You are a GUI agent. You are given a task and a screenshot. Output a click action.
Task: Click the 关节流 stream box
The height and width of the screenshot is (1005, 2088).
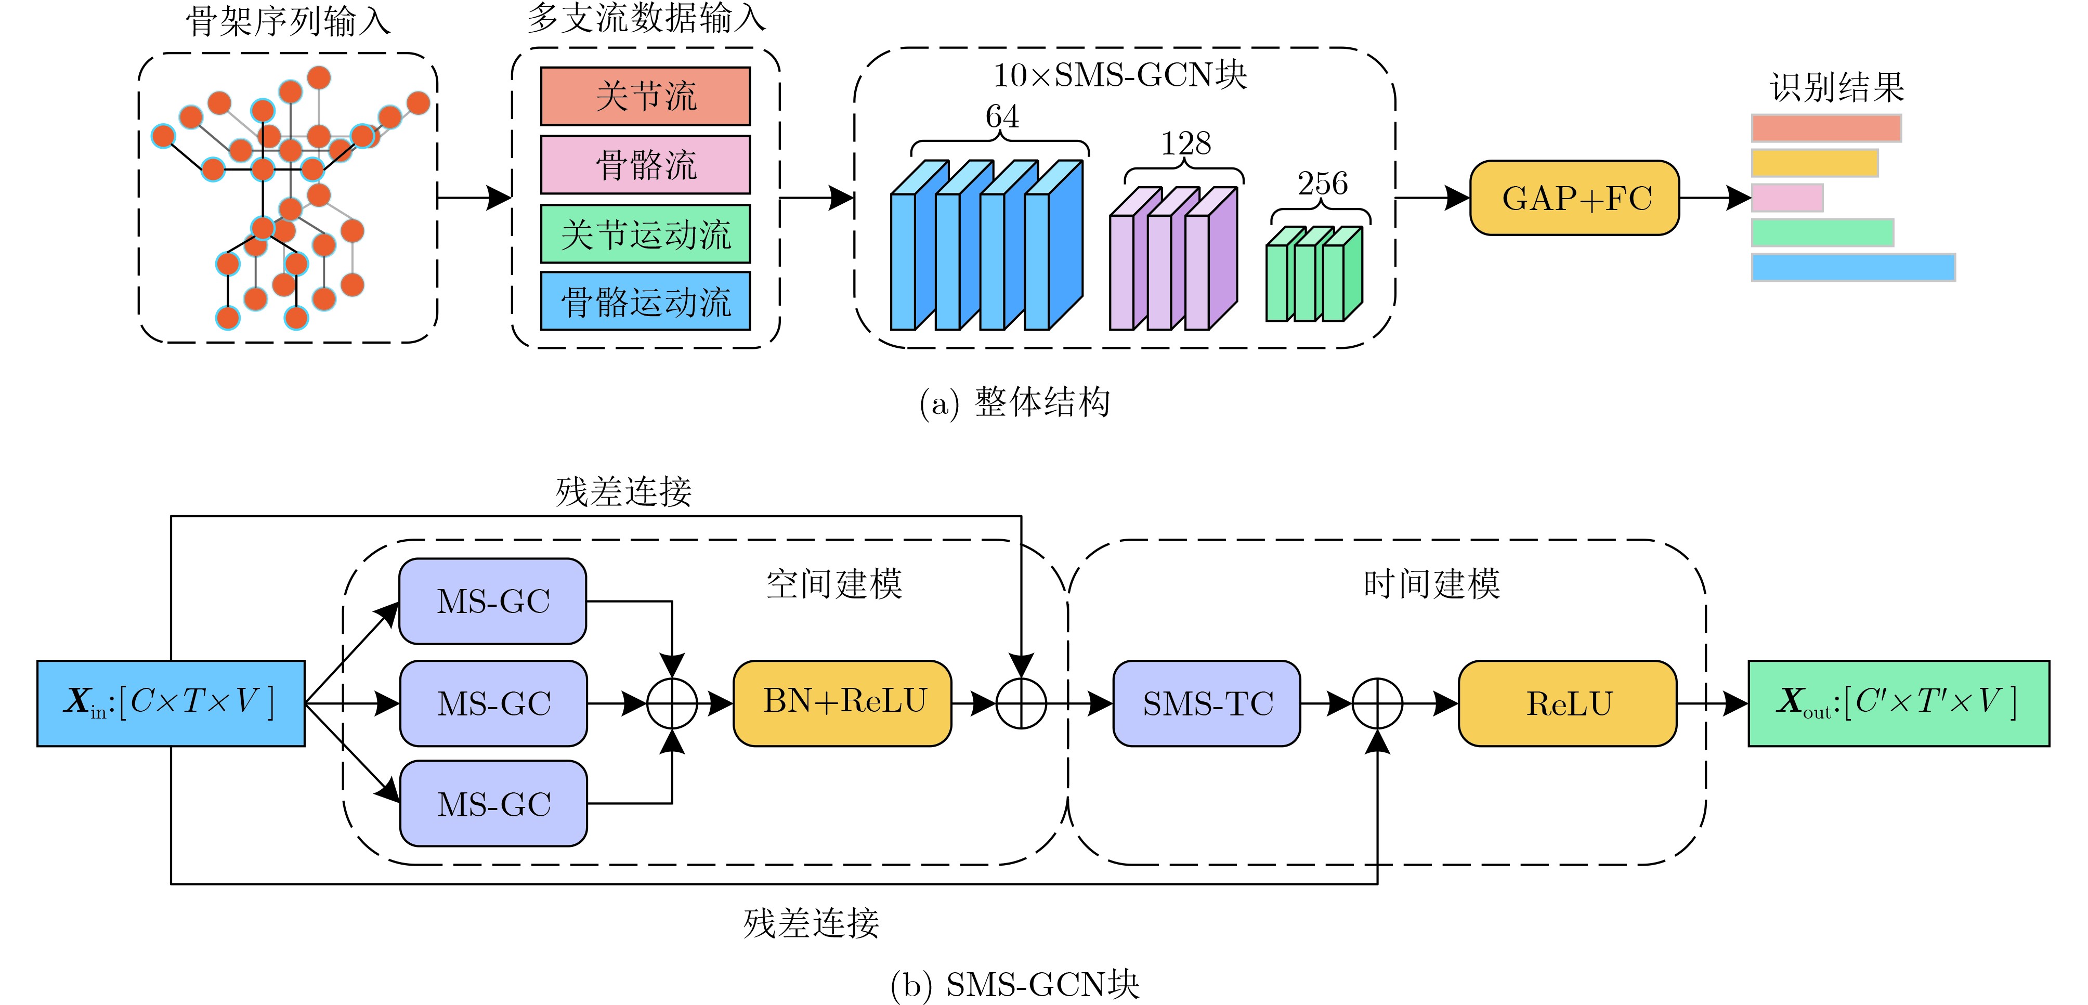[645, 97]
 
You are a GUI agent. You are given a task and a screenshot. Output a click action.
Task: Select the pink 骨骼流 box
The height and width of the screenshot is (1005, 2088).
[645, 164]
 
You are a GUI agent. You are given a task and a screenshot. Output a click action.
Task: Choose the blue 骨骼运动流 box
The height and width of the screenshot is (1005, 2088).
[645, 302]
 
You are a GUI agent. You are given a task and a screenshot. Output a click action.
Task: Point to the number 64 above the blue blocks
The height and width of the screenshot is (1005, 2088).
[1002, 116]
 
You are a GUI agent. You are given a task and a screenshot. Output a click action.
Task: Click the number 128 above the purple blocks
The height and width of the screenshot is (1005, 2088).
[1185, 144]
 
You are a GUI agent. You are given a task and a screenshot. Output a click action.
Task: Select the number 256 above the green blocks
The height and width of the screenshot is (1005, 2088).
[1322, 184]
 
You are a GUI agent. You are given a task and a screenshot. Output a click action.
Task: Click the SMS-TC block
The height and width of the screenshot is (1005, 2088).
[1207, 703]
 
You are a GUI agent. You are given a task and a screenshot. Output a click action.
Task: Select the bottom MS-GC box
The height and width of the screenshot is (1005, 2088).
[493, 803]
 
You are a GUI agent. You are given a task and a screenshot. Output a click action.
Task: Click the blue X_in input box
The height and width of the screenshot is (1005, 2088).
[171, 703]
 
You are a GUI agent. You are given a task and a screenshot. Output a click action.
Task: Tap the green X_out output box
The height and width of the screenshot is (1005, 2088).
[1898, 703]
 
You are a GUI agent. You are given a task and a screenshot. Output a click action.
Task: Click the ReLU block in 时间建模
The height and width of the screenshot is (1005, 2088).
[1568, 703]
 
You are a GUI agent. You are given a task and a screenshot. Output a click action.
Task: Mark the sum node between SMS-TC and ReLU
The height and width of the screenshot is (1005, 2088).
[1377, 703]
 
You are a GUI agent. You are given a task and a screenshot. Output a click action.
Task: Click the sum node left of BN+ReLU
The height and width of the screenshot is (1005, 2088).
[672, 703]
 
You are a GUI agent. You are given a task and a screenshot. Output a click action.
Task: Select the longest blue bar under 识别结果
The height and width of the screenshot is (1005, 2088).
[1853, 267]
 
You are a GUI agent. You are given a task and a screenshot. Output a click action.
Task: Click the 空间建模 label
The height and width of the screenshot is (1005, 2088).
[834, 583]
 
